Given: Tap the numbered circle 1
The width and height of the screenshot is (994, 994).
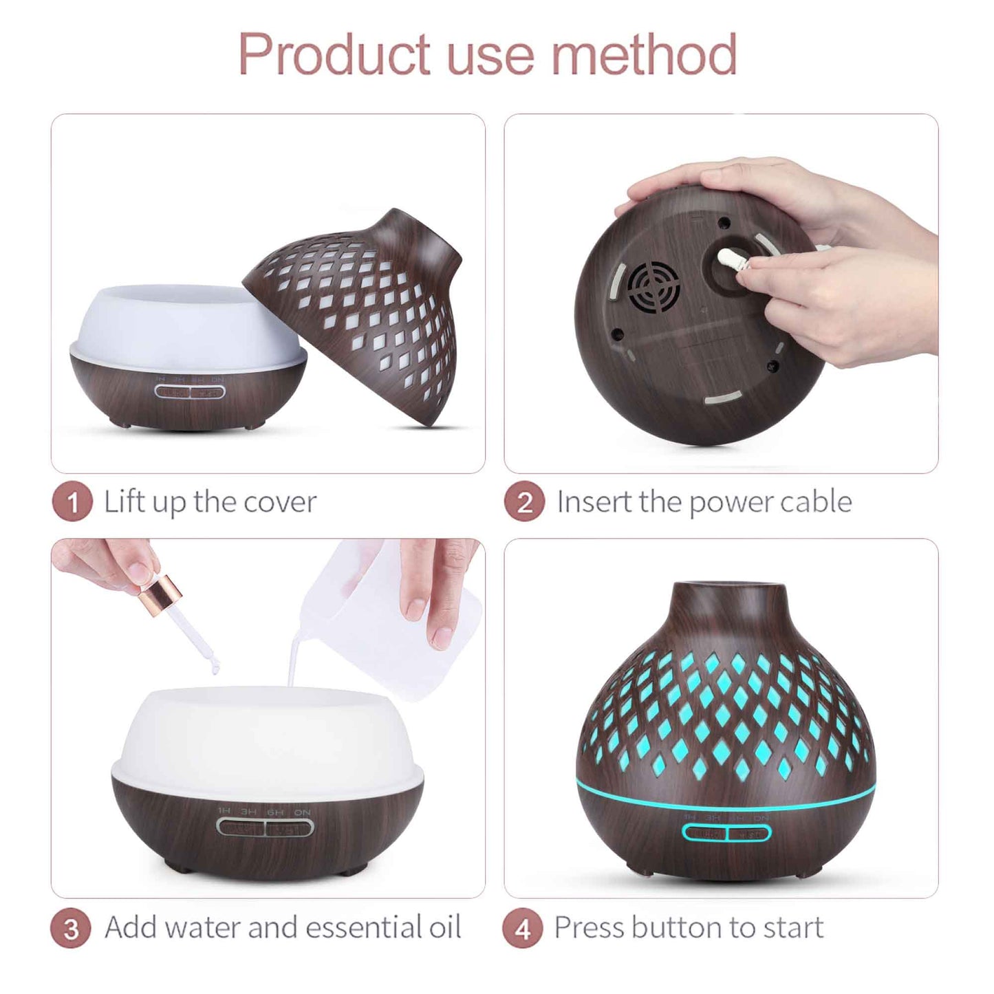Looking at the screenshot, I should pyautogui.click(x=72, y=503).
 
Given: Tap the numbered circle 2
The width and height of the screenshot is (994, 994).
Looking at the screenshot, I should pyautogui.click(x=525, y=503).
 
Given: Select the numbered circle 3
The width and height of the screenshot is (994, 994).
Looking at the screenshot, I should pyautogui.click(x=71, y=929).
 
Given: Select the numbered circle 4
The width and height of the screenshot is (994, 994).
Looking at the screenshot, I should pyautogui.click(x=523, y=929).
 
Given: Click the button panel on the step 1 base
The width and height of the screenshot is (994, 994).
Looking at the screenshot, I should pyautogui.click(x=190, y=393).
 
